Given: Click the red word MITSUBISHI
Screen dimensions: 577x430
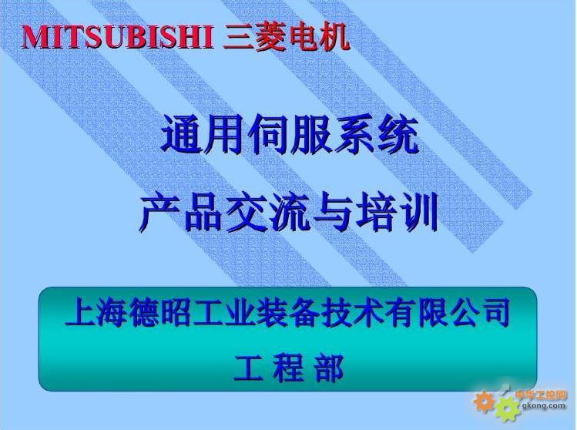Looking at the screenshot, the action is pos(117,37).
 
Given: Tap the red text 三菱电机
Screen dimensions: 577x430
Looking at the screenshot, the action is pos(286,37).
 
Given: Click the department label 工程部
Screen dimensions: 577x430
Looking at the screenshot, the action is pos(288,368).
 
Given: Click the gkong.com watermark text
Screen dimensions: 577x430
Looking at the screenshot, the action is pos(544,405).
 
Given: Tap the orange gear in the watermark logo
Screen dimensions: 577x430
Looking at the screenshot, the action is pos(484,401).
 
